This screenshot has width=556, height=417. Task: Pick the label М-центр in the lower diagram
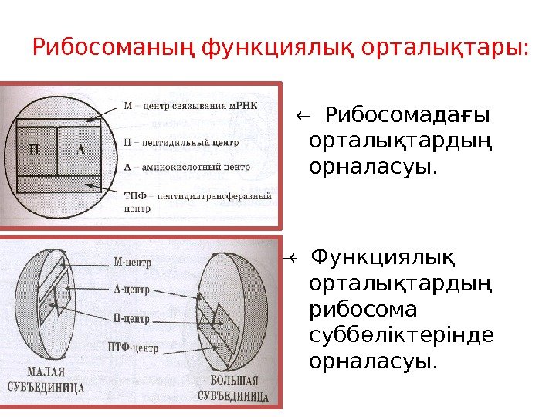click(133, 261)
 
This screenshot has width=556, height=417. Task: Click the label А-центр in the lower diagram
click(131, 290)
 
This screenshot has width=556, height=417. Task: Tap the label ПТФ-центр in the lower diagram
click(134, 347)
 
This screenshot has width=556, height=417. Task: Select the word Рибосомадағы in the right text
click(409, 117)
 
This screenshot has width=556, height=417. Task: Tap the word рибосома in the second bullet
click(362, 309)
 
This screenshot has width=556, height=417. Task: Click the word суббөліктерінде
click(401, 335)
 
